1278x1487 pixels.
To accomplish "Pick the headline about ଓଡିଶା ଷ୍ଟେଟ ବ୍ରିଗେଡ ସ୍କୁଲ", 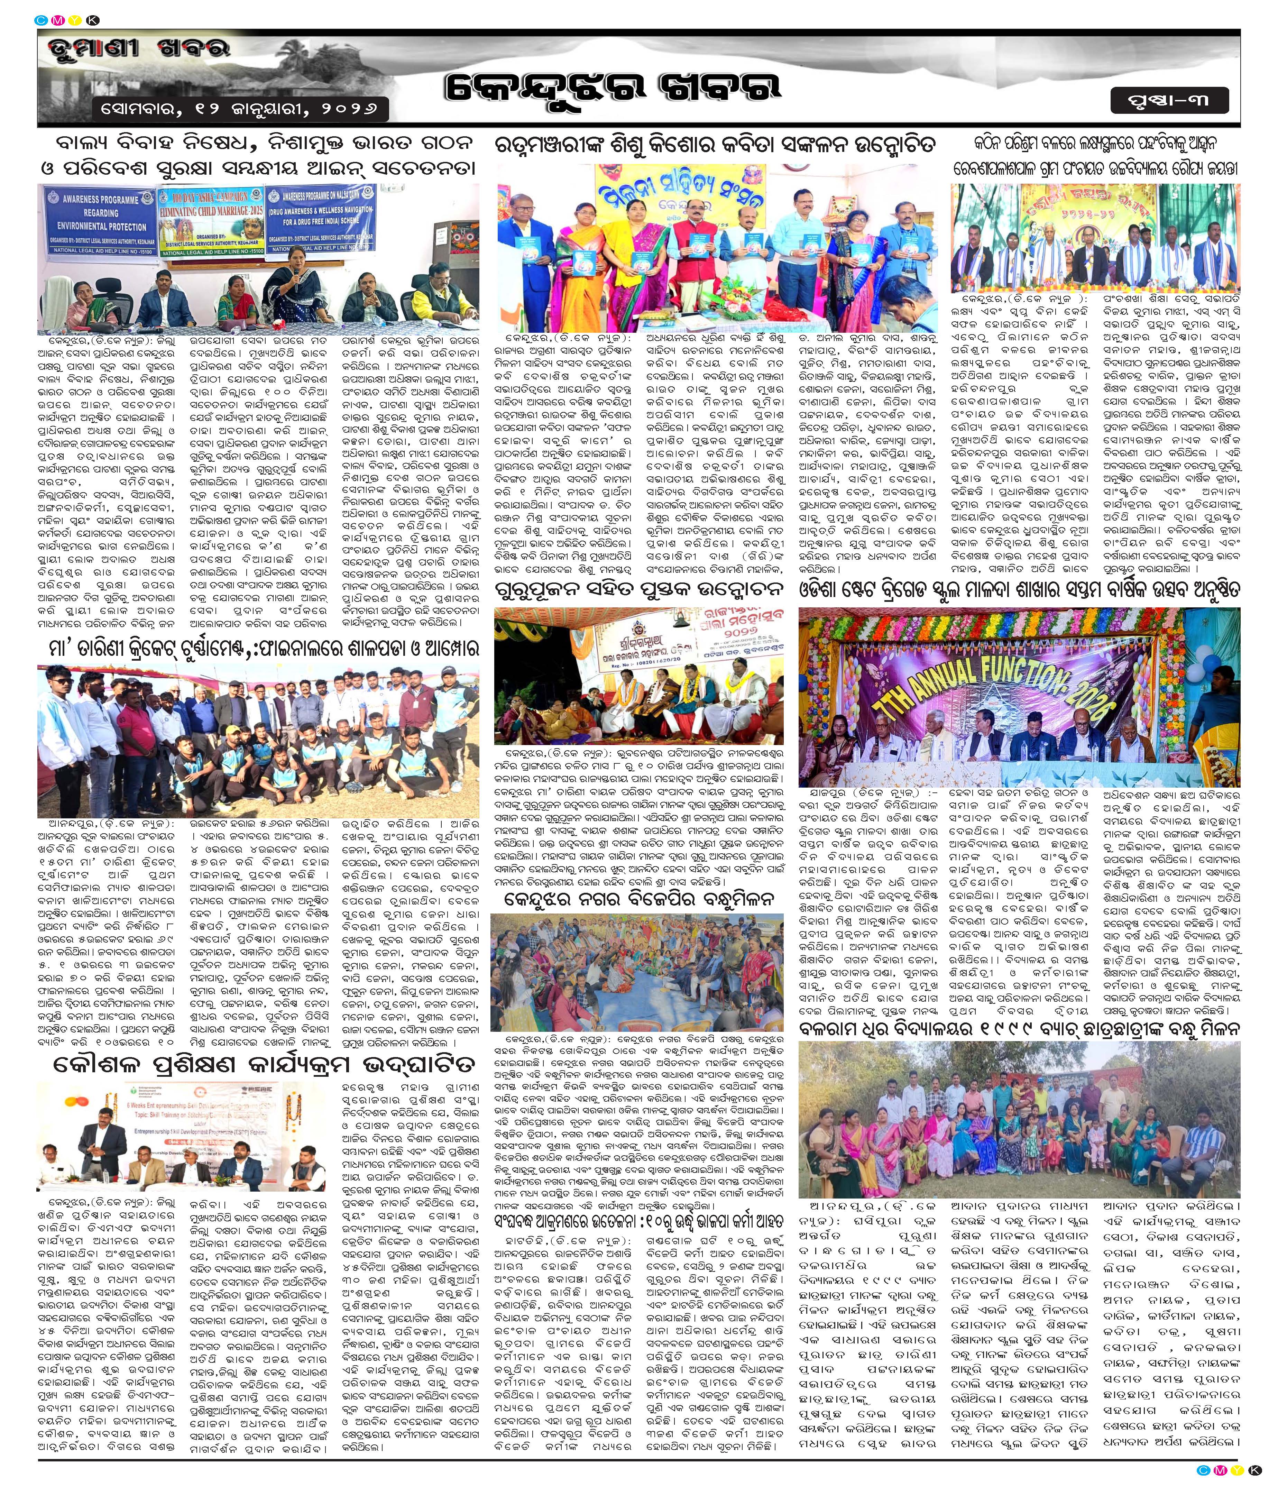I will click(1019, 590).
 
